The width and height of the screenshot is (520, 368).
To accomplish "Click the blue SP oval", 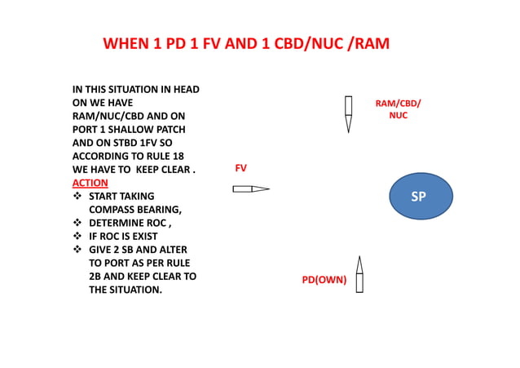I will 418,197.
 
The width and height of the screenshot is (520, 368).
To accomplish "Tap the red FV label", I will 240,168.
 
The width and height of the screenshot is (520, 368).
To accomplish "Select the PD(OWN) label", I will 324,280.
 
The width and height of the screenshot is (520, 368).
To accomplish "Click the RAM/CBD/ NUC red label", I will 398,109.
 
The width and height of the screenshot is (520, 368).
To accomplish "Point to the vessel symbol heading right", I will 250,189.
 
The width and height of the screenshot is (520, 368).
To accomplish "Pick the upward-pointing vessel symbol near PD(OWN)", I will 359,274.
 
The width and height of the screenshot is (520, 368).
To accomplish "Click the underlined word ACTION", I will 90,183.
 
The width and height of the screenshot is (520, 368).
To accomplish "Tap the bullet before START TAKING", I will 77,197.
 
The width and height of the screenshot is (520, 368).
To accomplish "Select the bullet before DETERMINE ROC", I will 77,223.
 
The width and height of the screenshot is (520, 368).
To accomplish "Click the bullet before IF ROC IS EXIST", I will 77,236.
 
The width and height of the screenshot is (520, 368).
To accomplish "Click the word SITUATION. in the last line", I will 134,290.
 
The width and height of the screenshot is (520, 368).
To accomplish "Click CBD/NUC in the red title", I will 310,44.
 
